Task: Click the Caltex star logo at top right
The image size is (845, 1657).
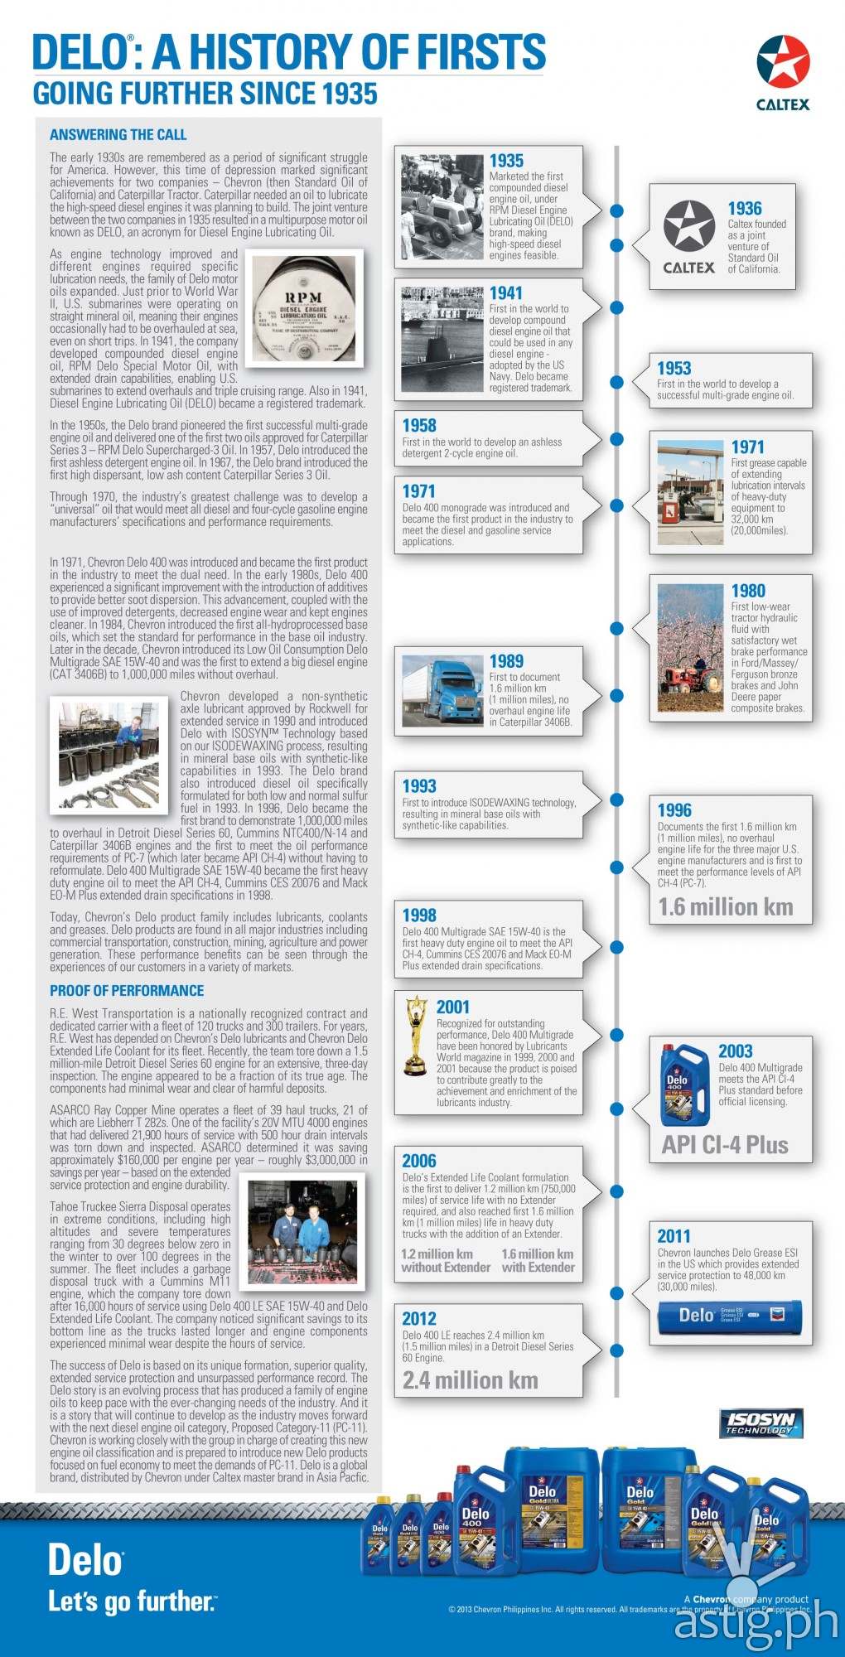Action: click(x=783, y=64)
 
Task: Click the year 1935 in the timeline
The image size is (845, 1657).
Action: click(x=506, y=161)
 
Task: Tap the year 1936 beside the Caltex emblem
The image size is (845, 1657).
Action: click(x=744, y=209)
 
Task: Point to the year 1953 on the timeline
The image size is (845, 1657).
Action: click(x=674, y=369)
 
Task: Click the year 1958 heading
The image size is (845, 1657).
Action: click(x=419, y=426)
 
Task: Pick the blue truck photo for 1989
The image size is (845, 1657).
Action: click(x=442, y=689)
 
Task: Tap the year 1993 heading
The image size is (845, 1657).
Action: click(x=419, y=786)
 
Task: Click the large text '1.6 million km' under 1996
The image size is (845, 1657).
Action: click(x=725, y=907)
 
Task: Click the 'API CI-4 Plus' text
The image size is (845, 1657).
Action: click(x=725, y=1145)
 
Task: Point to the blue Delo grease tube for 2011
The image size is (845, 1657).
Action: click(x=729, y=1316)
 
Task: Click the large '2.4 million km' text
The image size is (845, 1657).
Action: click(x=470, y=1380)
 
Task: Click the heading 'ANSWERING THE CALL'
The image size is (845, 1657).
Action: click(x=118, y=135)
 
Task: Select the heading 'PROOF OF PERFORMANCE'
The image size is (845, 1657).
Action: click(x=126, y=991)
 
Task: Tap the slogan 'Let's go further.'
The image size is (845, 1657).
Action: click(x=132, y=1601)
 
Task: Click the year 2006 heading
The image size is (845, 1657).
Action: click(x=419, y=1162)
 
